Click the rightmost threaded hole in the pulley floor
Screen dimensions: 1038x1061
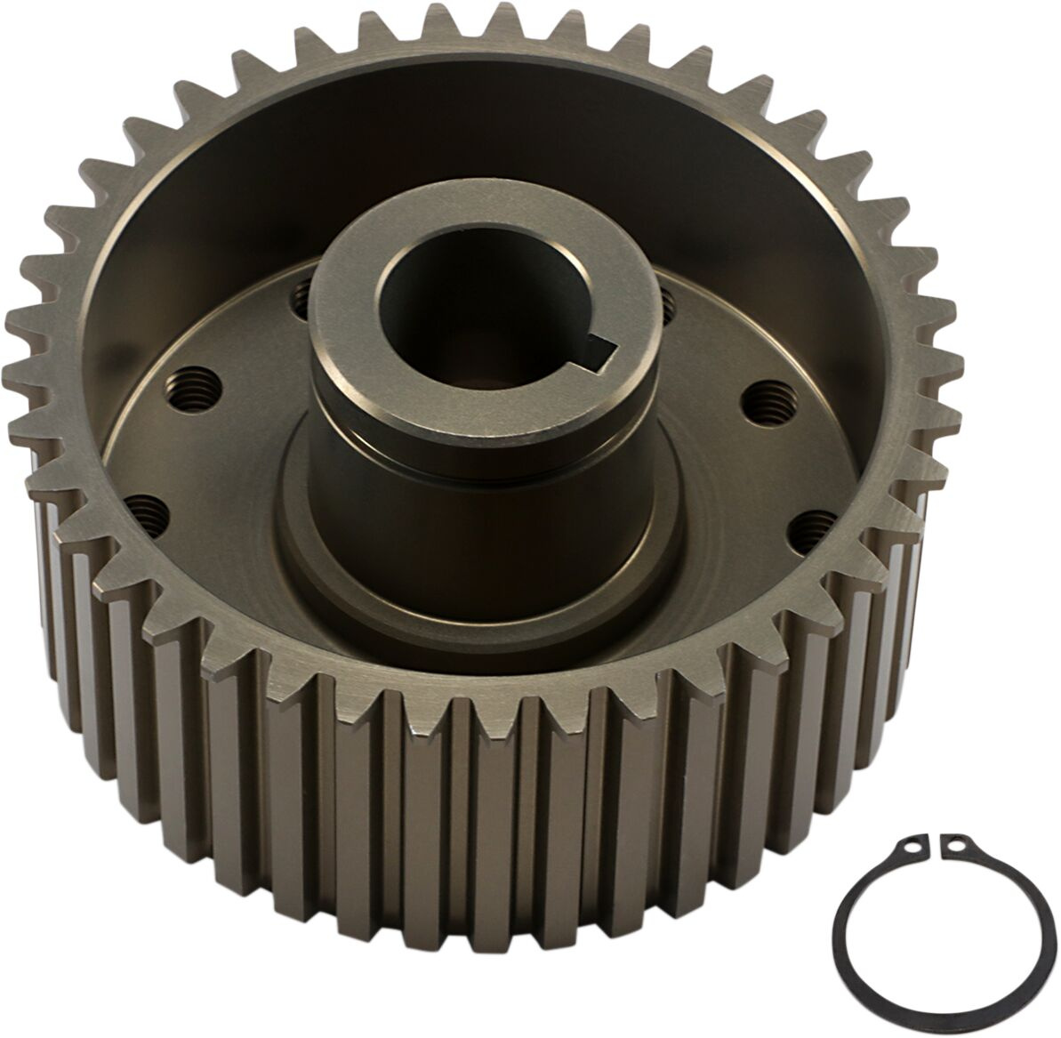(808, 527)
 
